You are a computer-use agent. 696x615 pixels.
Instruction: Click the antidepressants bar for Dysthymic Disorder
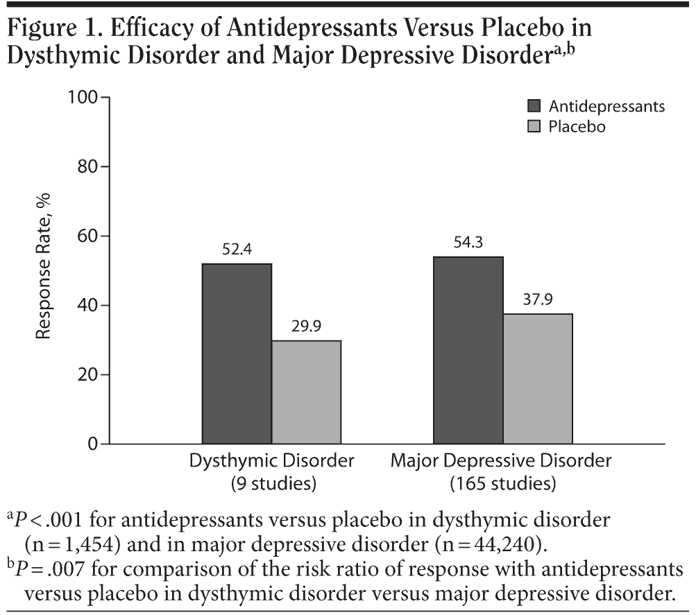click(237, 354)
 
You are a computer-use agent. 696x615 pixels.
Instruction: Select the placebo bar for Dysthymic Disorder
click(306, 392)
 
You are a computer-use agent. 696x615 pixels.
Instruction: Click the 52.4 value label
click(237, 249)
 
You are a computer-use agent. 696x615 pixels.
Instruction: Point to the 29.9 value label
click(306, 326)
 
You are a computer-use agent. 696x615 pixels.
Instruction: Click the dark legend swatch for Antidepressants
click(534, 106)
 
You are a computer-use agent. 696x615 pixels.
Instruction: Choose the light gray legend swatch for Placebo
click(534, 127)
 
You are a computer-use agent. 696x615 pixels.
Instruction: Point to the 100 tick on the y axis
click(83, 97)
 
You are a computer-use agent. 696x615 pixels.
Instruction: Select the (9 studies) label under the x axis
click(272, 483)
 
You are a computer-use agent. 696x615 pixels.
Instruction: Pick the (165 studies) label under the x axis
click(503, 483)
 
